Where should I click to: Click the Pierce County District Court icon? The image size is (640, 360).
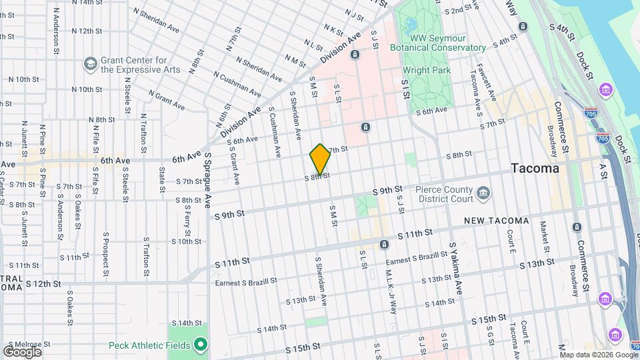[483, 194]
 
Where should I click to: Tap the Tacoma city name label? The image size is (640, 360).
[535, 169]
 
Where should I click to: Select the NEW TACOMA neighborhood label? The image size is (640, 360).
[496, 221]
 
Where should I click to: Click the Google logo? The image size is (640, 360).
[23, 351]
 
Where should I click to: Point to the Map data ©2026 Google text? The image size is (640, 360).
[598, 353]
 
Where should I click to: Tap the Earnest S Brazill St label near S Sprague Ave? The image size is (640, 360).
[245, 282]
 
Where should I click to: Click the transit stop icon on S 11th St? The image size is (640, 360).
[384, 245]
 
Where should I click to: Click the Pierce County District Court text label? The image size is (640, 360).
[442, 193]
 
